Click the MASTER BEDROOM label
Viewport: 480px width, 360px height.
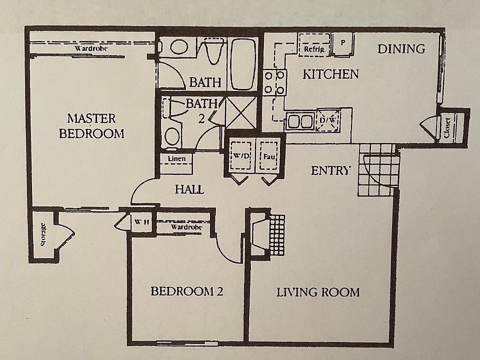pyautogui.click(x=91, y=126)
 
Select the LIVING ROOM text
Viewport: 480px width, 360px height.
pyautogui.click(x=318, y=292)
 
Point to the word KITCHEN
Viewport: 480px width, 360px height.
pyautogui.click(x=331, y=74)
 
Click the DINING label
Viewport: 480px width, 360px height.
pyautogui.click(x=401, y=49)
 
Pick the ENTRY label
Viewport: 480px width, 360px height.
pyautogui.click(x=330, y=170)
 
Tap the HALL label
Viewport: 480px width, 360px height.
pyautogui.click(x=189, y=189)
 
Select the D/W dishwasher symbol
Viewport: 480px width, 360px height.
pyautogui.click(x=328, y=120)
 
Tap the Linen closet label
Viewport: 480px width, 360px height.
pyautogui.click(x=177, y=159)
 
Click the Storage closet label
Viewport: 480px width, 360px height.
pyautogui.click(x=43, y=235)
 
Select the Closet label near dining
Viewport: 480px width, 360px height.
pyautogui.click(x=447, y=127)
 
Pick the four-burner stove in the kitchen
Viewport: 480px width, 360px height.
pyautogui.click(x=275, y=82)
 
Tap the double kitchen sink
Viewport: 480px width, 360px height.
pyautogui.click(x=299, y=121)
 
